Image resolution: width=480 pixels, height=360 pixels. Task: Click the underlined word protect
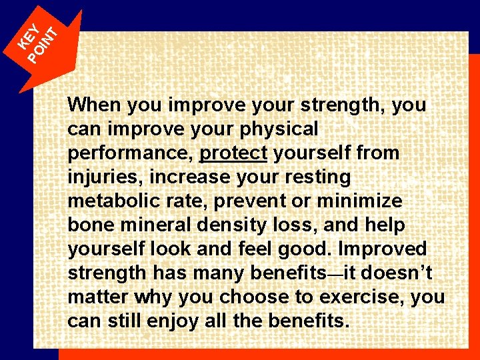pos(233,153)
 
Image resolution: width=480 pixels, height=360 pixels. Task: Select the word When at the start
pos(95,105)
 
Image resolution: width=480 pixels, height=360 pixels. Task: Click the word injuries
pos(105,177)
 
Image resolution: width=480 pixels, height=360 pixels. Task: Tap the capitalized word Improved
pos(383,249)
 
